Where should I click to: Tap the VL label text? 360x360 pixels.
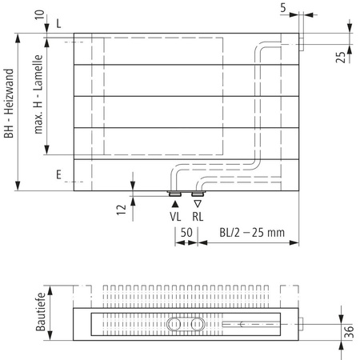(x=174, y=217)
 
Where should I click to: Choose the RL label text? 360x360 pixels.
(x=198, y=217)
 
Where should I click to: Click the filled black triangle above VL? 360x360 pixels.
(x=174, y=205)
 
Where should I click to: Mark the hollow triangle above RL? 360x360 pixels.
(x=198, y=205)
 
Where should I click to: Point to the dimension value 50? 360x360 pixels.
(x=186, y=233)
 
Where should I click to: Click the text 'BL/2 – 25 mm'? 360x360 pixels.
(x=251, y=233)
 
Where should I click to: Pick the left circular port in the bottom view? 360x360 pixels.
(x=175, y=325)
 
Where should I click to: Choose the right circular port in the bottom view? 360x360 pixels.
(x=196, y=325)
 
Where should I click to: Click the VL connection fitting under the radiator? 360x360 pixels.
(x=174, y=194)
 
